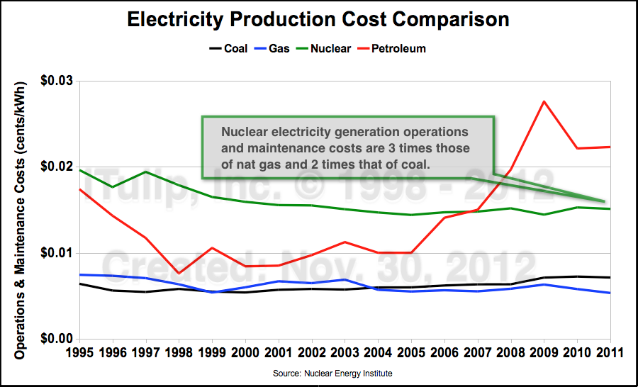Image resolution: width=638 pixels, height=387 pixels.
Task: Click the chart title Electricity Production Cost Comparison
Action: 318,20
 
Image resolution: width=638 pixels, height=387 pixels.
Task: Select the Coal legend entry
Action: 228,49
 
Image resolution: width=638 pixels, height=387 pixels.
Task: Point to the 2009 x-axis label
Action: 544,352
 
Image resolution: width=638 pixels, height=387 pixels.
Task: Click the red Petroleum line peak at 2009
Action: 544,101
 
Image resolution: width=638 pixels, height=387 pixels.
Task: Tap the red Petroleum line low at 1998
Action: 179,273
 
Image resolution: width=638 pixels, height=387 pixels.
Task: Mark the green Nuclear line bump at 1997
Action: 145,172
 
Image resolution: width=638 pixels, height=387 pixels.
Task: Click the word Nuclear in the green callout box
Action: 243,133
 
